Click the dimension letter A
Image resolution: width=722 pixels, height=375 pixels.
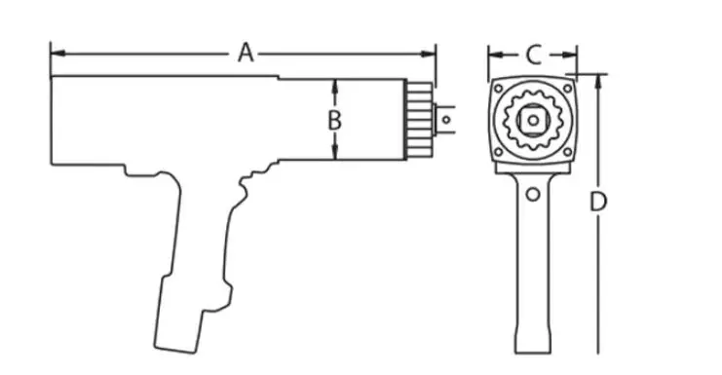coord(246,53)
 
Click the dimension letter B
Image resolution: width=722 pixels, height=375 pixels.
coord(335,121)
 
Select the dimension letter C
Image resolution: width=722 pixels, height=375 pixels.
coord(533,56)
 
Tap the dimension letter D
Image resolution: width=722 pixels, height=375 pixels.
coord(598,202)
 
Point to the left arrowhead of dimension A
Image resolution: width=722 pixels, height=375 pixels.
coord(57,54)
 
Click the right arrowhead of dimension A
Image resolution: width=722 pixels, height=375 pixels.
coord(428,54)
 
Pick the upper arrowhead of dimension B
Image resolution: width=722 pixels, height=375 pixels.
coord(335,86)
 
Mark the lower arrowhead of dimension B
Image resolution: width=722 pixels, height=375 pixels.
coord(335,153)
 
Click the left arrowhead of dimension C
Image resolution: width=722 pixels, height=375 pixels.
coord(495,56)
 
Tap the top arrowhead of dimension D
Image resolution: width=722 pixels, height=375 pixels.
coord(598,82)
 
